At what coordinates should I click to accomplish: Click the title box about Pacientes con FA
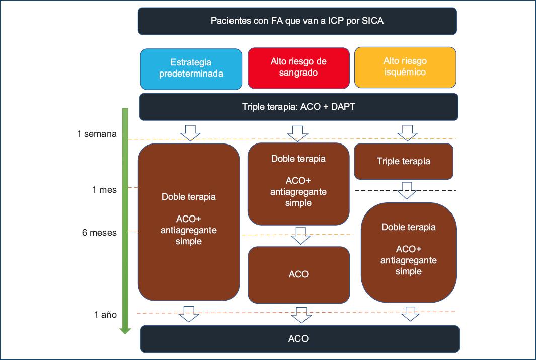[x=297, y=21]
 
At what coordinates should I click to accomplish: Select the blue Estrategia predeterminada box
[x=191, y=68]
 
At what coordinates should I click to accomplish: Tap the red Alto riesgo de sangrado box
[x=298, y=68]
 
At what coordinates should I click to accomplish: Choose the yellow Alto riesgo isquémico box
[x=405, y=67]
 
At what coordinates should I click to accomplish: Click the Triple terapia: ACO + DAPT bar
[x=298, y=107]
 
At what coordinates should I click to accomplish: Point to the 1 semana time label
[x=97, y=134]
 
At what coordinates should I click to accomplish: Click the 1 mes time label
[x=104, y=190]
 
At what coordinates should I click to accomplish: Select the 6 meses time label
[x=100, y=233]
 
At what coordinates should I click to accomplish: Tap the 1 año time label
[x=105, y=315]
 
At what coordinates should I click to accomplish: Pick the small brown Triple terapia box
[x=404, y=162]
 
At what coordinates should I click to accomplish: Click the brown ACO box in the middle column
[x=298, y=275]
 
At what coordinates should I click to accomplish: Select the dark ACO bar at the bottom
[x=299, y=339]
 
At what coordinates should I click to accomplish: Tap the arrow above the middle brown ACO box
[x=300, y=236]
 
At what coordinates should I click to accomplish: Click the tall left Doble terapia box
[x=189, y=222]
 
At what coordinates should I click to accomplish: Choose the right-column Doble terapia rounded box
[x=409, y=252]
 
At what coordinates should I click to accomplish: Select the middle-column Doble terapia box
[x=298, y=184]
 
